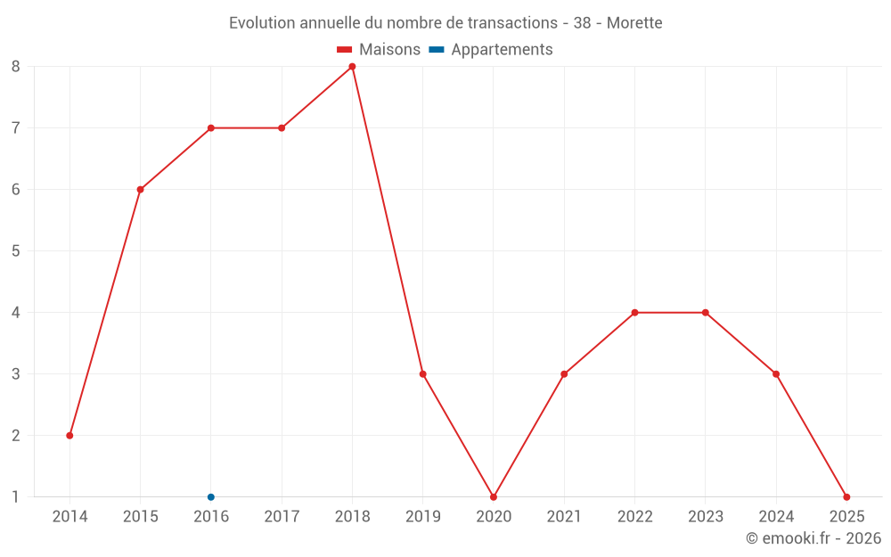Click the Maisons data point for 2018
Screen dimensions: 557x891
pyautogui.click(x=352, y=67)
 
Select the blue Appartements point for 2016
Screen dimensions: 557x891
pyautogui.click(x=211, y=497)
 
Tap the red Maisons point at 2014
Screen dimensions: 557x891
pyautogui.click(x=69, y=436)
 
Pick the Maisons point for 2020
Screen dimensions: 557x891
pyautogui.click(x=494, y=497)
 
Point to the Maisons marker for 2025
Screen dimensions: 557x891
pyautogui.click(x=846, y=497)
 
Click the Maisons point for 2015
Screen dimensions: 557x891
pyautogui.click(x=140, y=190)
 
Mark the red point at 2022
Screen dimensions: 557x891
pyautogui.click(x=634, y=313)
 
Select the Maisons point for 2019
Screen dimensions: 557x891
pyautogui.click(x=423, y=374)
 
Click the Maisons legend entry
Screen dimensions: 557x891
pyautogui.click(x=379, y=50)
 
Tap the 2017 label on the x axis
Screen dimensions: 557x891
pyautogui.click(x=282, y=517)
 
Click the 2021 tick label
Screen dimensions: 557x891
pyautogui.click(x=564, y=517)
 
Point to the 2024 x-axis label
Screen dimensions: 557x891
pyautogui.click(x=776, y=517)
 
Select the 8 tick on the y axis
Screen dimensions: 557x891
pyautogui.click(x=16, y=67)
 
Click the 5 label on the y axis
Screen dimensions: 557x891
pyautogui.click(x=16, y=251)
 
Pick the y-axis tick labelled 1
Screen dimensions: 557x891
pyautogui.click(x=16, y=497)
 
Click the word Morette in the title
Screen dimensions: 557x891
pyautogui.click(x=634, y=23)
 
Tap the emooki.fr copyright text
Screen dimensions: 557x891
pyautogui.click(x=813, y=538)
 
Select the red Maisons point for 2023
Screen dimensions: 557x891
pyautogui.click(x=706, y=313)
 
